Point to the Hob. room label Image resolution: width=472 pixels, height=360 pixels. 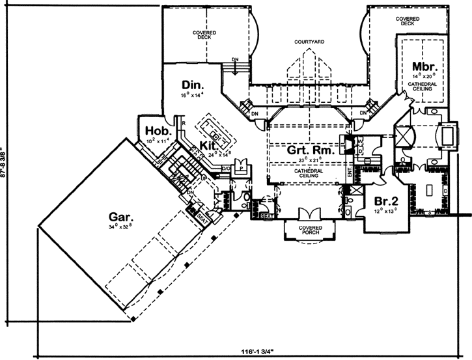(154, 130)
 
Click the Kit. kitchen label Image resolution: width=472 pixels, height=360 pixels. (208, 145)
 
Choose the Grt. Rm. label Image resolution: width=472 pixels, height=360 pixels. (311, 150)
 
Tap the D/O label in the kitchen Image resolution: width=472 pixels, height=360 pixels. (226, 169)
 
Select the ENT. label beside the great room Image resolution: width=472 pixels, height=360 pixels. (350, 171)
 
